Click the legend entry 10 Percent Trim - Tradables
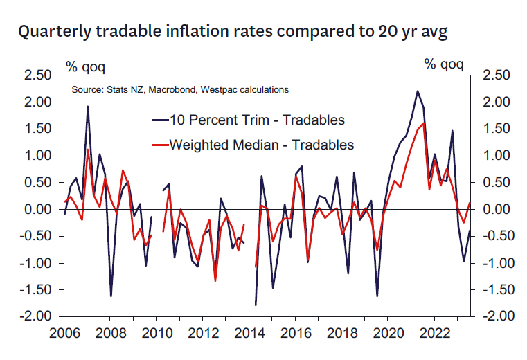click(248, 120)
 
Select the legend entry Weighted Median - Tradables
click(252, 145)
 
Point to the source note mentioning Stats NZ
click(180, 90)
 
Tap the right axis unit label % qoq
click(444, 64)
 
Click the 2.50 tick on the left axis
click(38, 75)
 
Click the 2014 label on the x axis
click(249, 333)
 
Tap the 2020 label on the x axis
click(388, 333)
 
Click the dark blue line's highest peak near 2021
click(417, 91)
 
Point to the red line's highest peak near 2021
click(423, 123)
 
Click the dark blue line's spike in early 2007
click(88, 107)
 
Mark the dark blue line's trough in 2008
click(111, 296)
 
